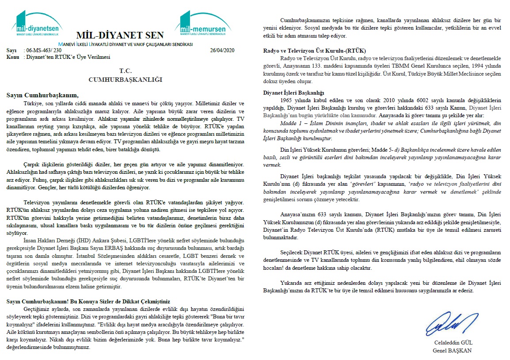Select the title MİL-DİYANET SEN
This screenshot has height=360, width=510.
[120, 35]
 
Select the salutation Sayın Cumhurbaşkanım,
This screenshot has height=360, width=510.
[42, 95]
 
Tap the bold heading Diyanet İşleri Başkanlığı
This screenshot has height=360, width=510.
[293, 93]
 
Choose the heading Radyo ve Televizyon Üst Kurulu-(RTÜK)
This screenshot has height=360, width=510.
[314, 50]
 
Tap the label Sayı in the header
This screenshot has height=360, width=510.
[11, 50]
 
